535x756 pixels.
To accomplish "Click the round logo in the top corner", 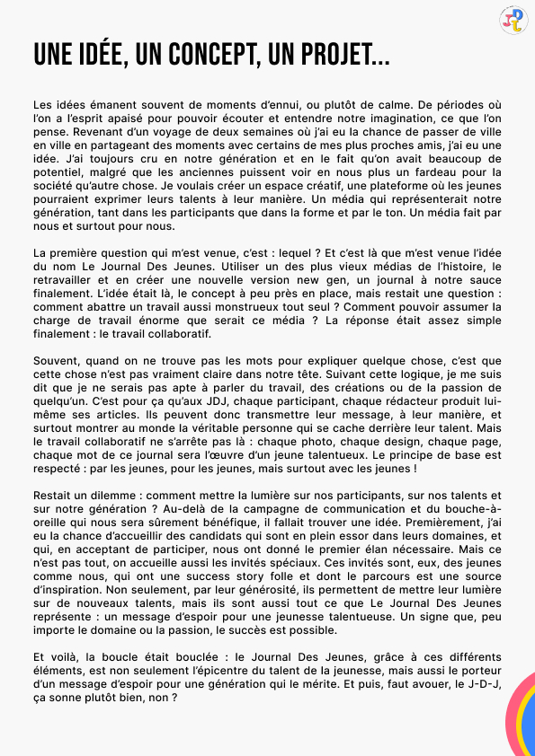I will (x=513, y=21).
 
